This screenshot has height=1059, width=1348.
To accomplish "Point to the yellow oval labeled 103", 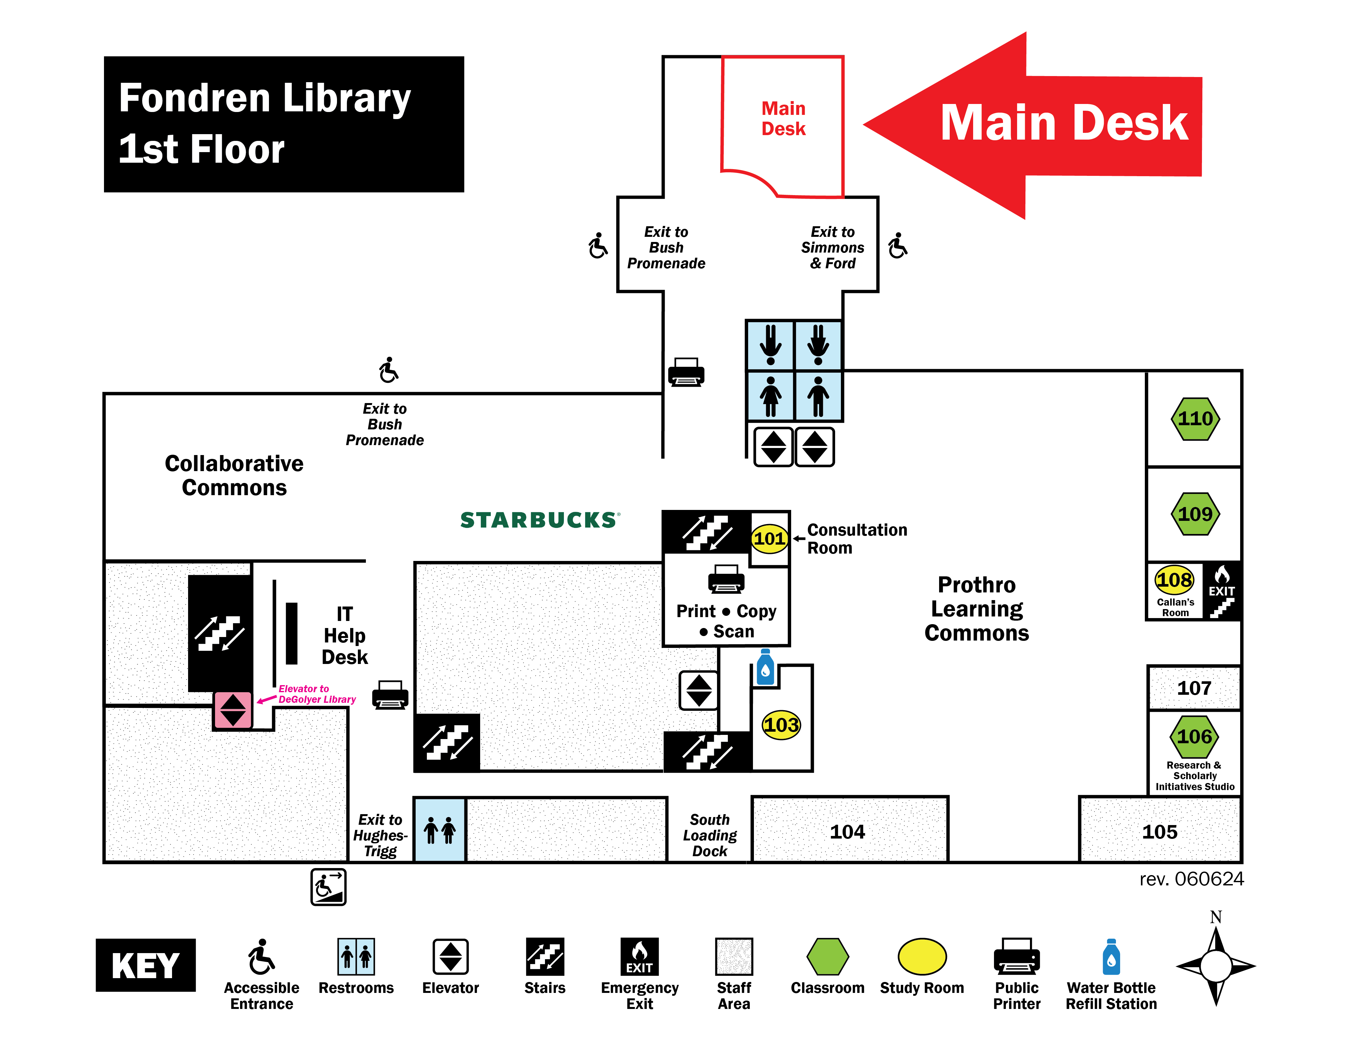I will tap(781, 725).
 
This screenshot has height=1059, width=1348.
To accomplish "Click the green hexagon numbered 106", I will tap(1194, 736).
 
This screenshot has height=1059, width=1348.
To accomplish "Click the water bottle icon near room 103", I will tap(765, 667).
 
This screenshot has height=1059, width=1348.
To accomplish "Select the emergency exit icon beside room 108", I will tap(1222, 591).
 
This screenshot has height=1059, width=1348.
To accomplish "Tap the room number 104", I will tap(847, 831).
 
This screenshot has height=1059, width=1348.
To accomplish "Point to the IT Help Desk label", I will tap(345, 635).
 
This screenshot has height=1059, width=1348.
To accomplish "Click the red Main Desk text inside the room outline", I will tap(783, 118).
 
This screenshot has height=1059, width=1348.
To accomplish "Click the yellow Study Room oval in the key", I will tap(922, 957).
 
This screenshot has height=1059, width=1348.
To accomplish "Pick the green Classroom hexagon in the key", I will tap(827, 957).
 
